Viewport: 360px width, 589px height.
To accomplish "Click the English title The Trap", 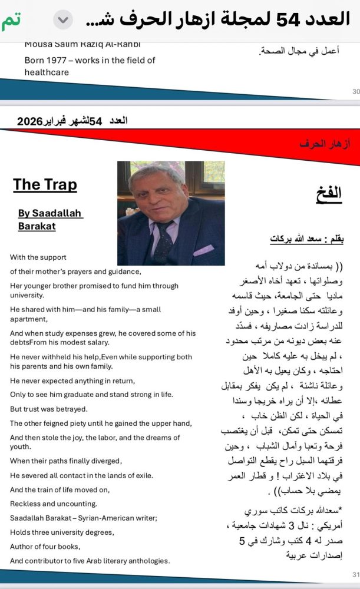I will click(x=45, y=184).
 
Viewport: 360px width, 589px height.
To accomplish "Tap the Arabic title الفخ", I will click(x=329, y=192).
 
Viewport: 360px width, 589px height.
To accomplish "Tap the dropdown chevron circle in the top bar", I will click(x=63, y=20).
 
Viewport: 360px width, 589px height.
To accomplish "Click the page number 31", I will click(x=355, y=574).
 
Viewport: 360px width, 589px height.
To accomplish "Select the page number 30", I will click(x=355, y=91).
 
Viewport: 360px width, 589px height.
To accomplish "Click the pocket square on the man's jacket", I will click(x=203, y=249).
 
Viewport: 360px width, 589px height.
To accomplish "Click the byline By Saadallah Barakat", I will click(x=50, y=220).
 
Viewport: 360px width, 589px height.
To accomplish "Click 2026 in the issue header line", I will click(x=29, y=121).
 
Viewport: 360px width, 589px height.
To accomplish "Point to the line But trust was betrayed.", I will click(x=48, y=409).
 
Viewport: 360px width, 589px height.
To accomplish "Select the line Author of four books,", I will click(x=45, y=547).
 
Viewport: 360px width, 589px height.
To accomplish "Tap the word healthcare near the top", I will click(x=47, y=72).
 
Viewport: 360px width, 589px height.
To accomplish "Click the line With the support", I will click(x=38, y=257).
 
